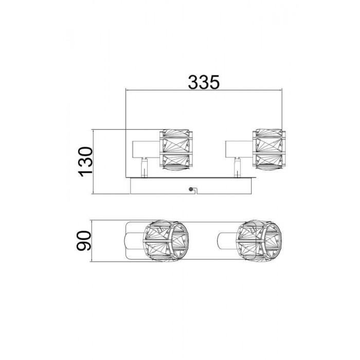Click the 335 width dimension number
point(204,82)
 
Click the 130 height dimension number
point(86,162)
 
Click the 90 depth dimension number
point(84,241)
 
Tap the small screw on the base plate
point(190,189)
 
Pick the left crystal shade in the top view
point(166,241)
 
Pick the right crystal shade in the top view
point(259,241)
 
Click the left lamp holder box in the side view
point(146,149)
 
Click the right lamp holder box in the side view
point(239,149)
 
